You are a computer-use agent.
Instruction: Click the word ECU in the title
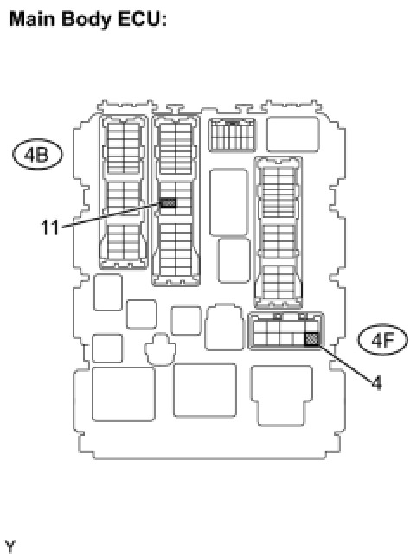pos(142,19)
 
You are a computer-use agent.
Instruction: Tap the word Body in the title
pos(86,20)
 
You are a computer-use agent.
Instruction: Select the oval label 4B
pos(37,155)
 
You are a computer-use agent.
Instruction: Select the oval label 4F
pos(382,340)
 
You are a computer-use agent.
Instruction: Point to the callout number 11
pos(49,227)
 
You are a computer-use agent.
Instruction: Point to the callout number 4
pos(376,383)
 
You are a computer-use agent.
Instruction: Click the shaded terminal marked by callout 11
pos(168,203)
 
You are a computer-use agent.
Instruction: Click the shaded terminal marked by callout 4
pos(312,339)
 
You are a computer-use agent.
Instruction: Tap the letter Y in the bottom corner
pos(10,546)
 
